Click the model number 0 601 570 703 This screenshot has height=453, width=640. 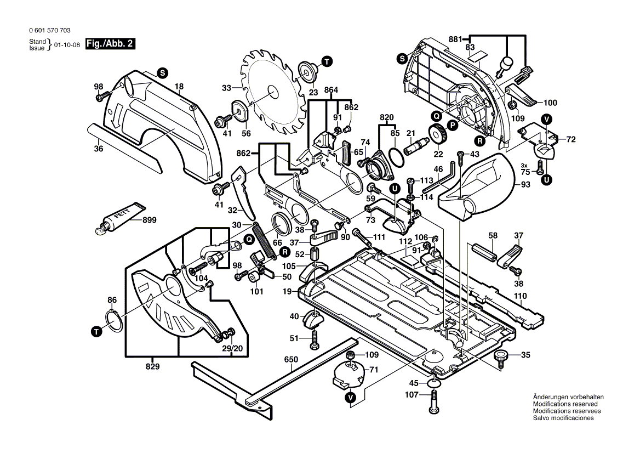(49, 31)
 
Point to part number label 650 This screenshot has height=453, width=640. (290, 360)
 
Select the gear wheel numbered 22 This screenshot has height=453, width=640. (438, 134)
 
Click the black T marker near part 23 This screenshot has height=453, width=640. (327, 61)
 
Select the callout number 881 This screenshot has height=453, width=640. (455, 39)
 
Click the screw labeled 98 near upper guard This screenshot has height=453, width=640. (100, 97)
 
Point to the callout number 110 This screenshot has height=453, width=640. (520, 296)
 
